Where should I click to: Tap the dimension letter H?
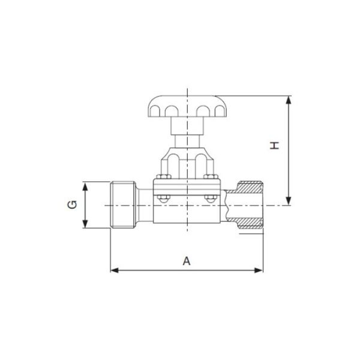274,146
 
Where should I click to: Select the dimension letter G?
72,205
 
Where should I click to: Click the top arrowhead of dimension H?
290,100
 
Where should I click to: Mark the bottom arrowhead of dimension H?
290,201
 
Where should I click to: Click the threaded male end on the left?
122,205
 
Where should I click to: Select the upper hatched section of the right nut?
250,187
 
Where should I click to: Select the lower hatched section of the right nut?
250,223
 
